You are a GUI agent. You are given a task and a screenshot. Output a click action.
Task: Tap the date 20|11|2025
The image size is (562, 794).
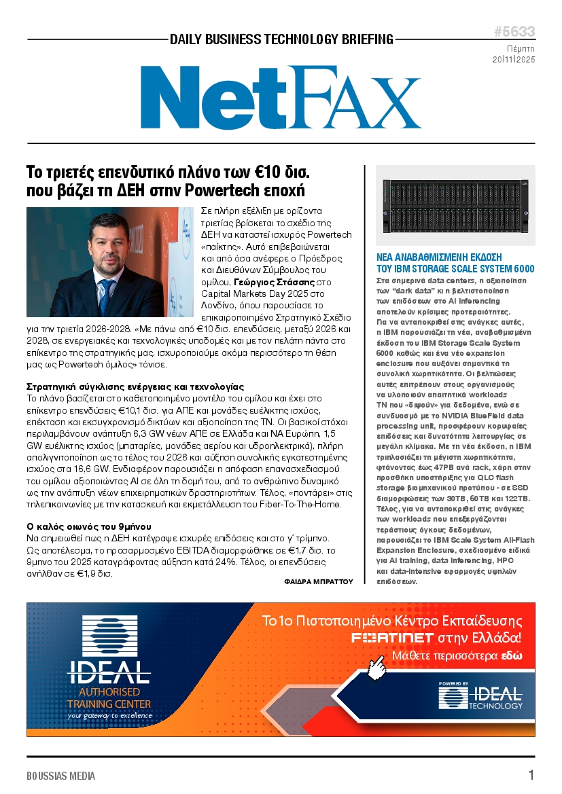pos(514,60)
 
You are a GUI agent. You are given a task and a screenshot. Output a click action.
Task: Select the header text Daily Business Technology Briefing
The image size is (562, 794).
pos(281,39)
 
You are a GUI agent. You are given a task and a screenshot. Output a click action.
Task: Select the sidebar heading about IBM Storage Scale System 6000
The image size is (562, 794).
pos(455,263)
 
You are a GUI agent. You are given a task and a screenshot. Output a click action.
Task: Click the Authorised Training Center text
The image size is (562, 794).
pos(109,698)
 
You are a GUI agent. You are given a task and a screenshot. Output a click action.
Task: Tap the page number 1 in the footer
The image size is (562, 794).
pos(531,775)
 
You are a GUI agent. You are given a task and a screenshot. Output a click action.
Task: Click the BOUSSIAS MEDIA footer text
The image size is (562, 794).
pos(61,776)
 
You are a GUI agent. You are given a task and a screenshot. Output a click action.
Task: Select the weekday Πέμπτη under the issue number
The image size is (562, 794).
pos(521,49)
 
